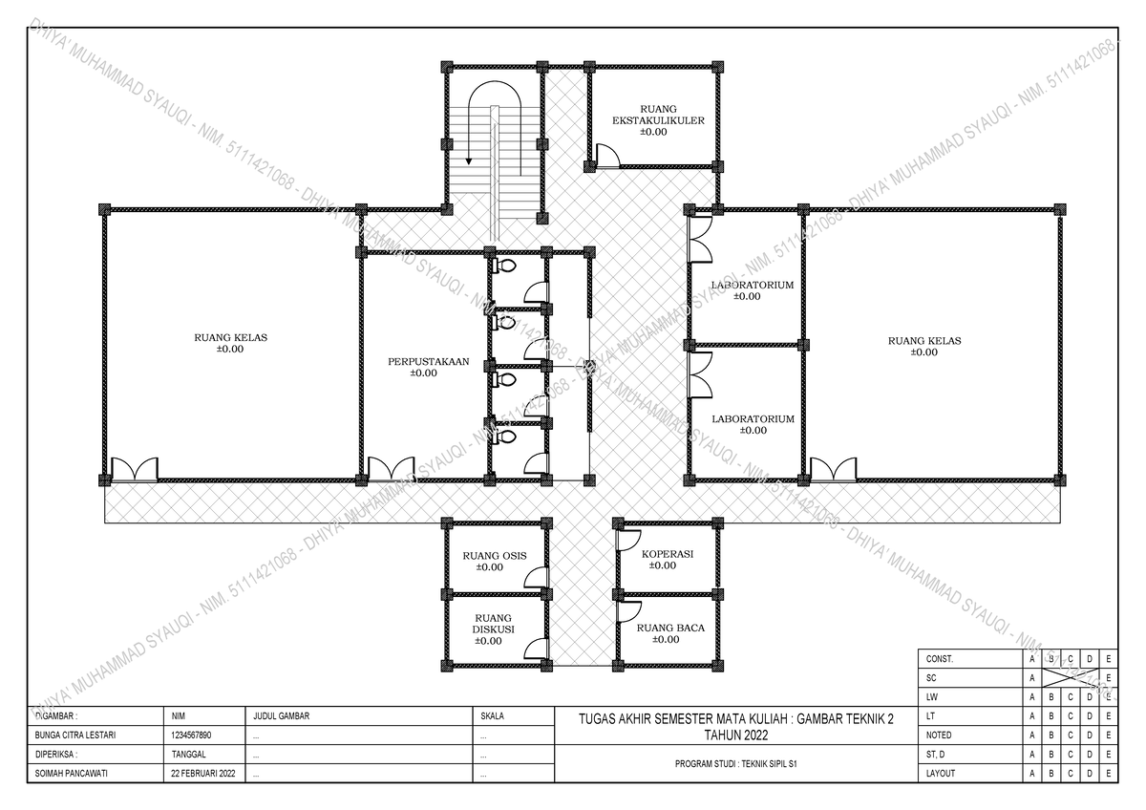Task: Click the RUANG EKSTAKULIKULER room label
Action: click(659, 120)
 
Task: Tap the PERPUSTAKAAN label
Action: click(423, 368)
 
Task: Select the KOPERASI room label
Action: click(667, 559)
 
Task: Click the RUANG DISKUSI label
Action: click(493, 629)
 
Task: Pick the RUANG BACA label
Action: click(670, 633)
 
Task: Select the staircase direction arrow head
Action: click(469, 162)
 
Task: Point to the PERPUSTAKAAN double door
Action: click(389, 469)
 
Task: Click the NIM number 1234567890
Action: click(191, 736)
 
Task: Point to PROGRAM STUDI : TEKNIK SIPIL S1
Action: click(736, 765)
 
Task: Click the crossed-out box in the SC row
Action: click(1070, 677)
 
